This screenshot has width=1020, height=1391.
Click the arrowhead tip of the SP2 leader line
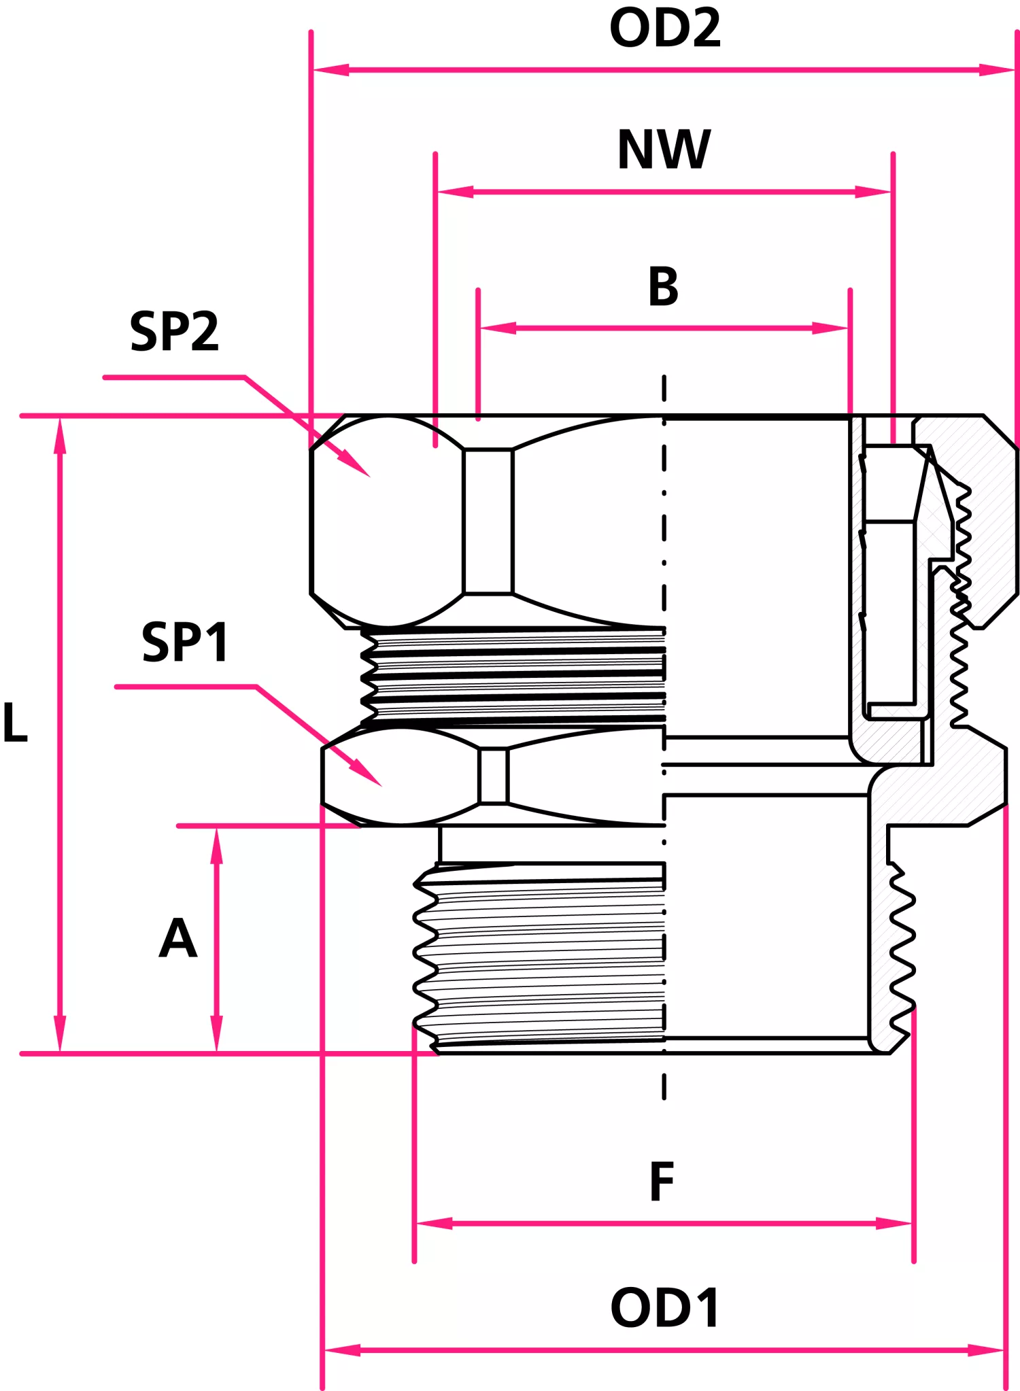[x=370, y=477]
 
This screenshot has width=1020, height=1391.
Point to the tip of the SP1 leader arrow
[x=381, y=786]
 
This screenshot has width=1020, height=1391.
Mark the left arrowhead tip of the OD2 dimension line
[x=313, y=69]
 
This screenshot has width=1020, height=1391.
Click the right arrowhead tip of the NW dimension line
[x=891, y=192]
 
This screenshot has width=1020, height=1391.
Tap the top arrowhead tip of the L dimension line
[x=60, y=417]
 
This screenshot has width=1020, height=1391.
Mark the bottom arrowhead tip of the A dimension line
[x=216, y=1052]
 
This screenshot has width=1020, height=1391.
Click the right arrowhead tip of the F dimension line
[x=913, y=1224]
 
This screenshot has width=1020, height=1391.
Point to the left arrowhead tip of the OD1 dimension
[x=324, y=1350]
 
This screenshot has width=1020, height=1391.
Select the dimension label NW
[x=664, y=150]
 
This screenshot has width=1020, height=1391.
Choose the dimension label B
[x=664, y=286]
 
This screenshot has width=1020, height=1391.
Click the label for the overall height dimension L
[x=15, y=721]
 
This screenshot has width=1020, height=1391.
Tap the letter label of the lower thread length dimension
[x=178, y=938]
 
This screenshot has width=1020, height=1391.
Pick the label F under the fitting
[x=662, y=1182]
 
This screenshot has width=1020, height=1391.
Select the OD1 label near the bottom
[x=665, y=1307]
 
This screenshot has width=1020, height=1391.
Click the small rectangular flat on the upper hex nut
[x=488, y=521]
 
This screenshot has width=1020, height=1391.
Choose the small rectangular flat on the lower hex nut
[x=494, y=776]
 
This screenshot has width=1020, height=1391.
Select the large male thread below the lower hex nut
[x=539, y=957]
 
